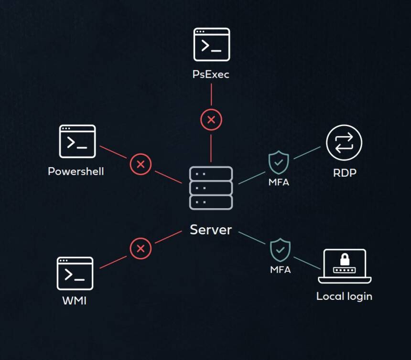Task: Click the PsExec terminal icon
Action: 212,44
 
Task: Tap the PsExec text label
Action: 211,74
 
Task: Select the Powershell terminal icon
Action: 77,141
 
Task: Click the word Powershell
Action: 76,171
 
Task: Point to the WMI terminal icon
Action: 75,273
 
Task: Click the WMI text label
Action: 75,301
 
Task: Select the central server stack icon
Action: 211,188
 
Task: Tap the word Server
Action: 211,230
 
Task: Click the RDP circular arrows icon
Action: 344,143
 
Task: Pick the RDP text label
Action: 345,173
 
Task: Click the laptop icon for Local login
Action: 345,266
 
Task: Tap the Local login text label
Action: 344,296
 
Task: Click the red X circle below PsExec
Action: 211,120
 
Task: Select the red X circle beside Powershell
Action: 141,164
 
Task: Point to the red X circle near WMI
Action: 141,248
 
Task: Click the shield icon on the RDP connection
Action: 279,163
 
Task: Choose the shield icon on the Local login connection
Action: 281,250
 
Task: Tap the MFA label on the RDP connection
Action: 279,182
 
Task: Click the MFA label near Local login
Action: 281,270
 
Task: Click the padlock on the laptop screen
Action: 345,259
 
